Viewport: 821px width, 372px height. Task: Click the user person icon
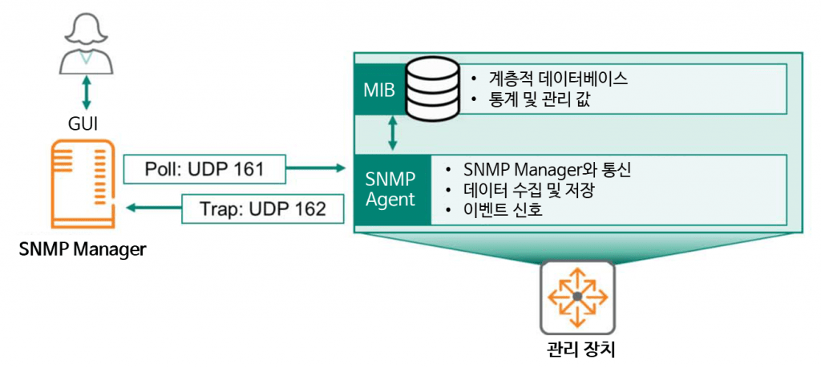[x=85, y=45]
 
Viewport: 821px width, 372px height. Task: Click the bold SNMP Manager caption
[x=83, y=249]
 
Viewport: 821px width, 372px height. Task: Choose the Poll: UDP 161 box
[x=204, y=168]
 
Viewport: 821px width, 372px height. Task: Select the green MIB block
[x=378, y=89]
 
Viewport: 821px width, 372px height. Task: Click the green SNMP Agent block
[x=392, y=188]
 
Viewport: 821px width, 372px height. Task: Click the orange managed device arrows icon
[x=577, y=297]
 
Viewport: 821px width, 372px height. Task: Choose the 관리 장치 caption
[x=577, y=350]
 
